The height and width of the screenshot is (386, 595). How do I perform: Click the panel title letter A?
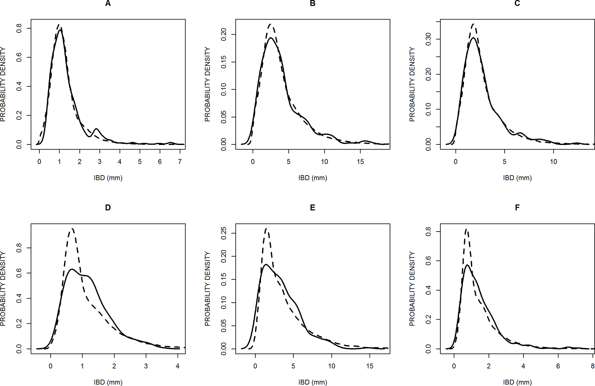(x=108, y=4)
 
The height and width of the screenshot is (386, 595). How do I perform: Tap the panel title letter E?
(x=312, y=208)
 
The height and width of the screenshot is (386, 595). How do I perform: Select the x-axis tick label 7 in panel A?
(x=180, y=162)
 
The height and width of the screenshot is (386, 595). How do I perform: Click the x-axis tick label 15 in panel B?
(x=360, y=162)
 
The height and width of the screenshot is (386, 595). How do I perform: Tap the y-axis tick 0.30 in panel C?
(x=428, y=39)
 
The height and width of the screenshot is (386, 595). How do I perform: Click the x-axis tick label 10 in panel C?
(x=553, y=162)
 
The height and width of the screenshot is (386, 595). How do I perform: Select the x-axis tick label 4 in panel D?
(x=178, y=366)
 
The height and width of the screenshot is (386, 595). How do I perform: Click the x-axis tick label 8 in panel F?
(x=592, y=366)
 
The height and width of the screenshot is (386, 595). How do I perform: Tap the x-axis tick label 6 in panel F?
(x=558, y=366)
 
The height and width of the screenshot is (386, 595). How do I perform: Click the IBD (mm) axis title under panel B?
(x=312, y=178)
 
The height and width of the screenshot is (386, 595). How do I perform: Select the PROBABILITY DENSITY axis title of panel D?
(x=3, y=288)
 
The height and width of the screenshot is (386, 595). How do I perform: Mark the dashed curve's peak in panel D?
(x=72, y=229)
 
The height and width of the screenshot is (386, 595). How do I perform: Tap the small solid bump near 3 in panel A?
(x=96, y=129)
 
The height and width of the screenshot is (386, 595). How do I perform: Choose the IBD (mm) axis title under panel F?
(x=517, y=382)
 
